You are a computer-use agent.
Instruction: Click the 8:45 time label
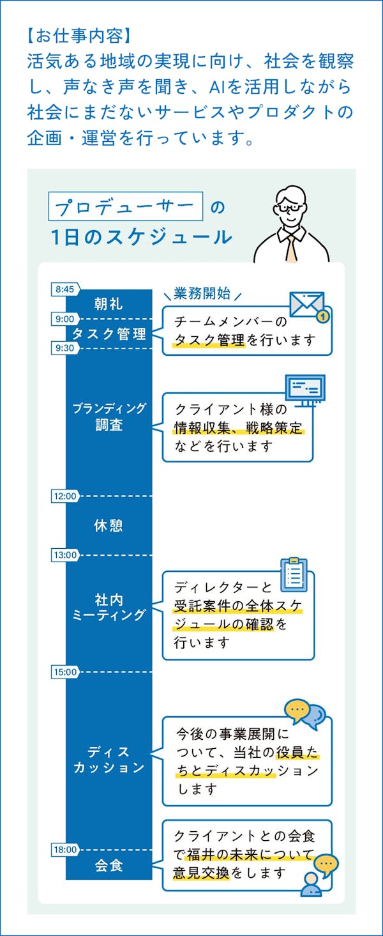click(x=64, y=289)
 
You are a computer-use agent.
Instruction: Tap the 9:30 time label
click(x=64, y=348)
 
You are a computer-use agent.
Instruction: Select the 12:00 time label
click(x=64, y=496)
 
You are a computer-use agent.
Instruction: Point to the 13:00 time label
click(x=64, y=555)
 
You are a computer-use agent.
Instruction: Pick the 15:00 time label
click(x=64, y=672)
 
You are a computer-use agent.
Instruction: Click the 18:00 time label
click(x=64, y=850)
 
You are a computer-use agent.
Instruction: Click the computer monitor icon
click(x=304, y=388)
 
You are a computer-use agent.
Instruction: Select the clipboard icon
click(x=294, y=575)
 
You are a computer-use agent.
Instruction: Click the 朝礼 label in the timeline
click(x=109, y=303)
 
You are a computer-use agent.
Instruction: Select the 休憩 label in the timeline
click(x=109, y=525)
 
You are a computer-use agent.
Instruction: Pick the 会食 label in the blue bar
click(x=109, y=866)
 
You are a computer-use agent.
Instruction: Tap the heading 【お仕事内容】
click(x=79, y=33)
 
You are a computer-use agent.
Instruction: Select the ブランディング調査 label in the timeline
click(x=109, y=417)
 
